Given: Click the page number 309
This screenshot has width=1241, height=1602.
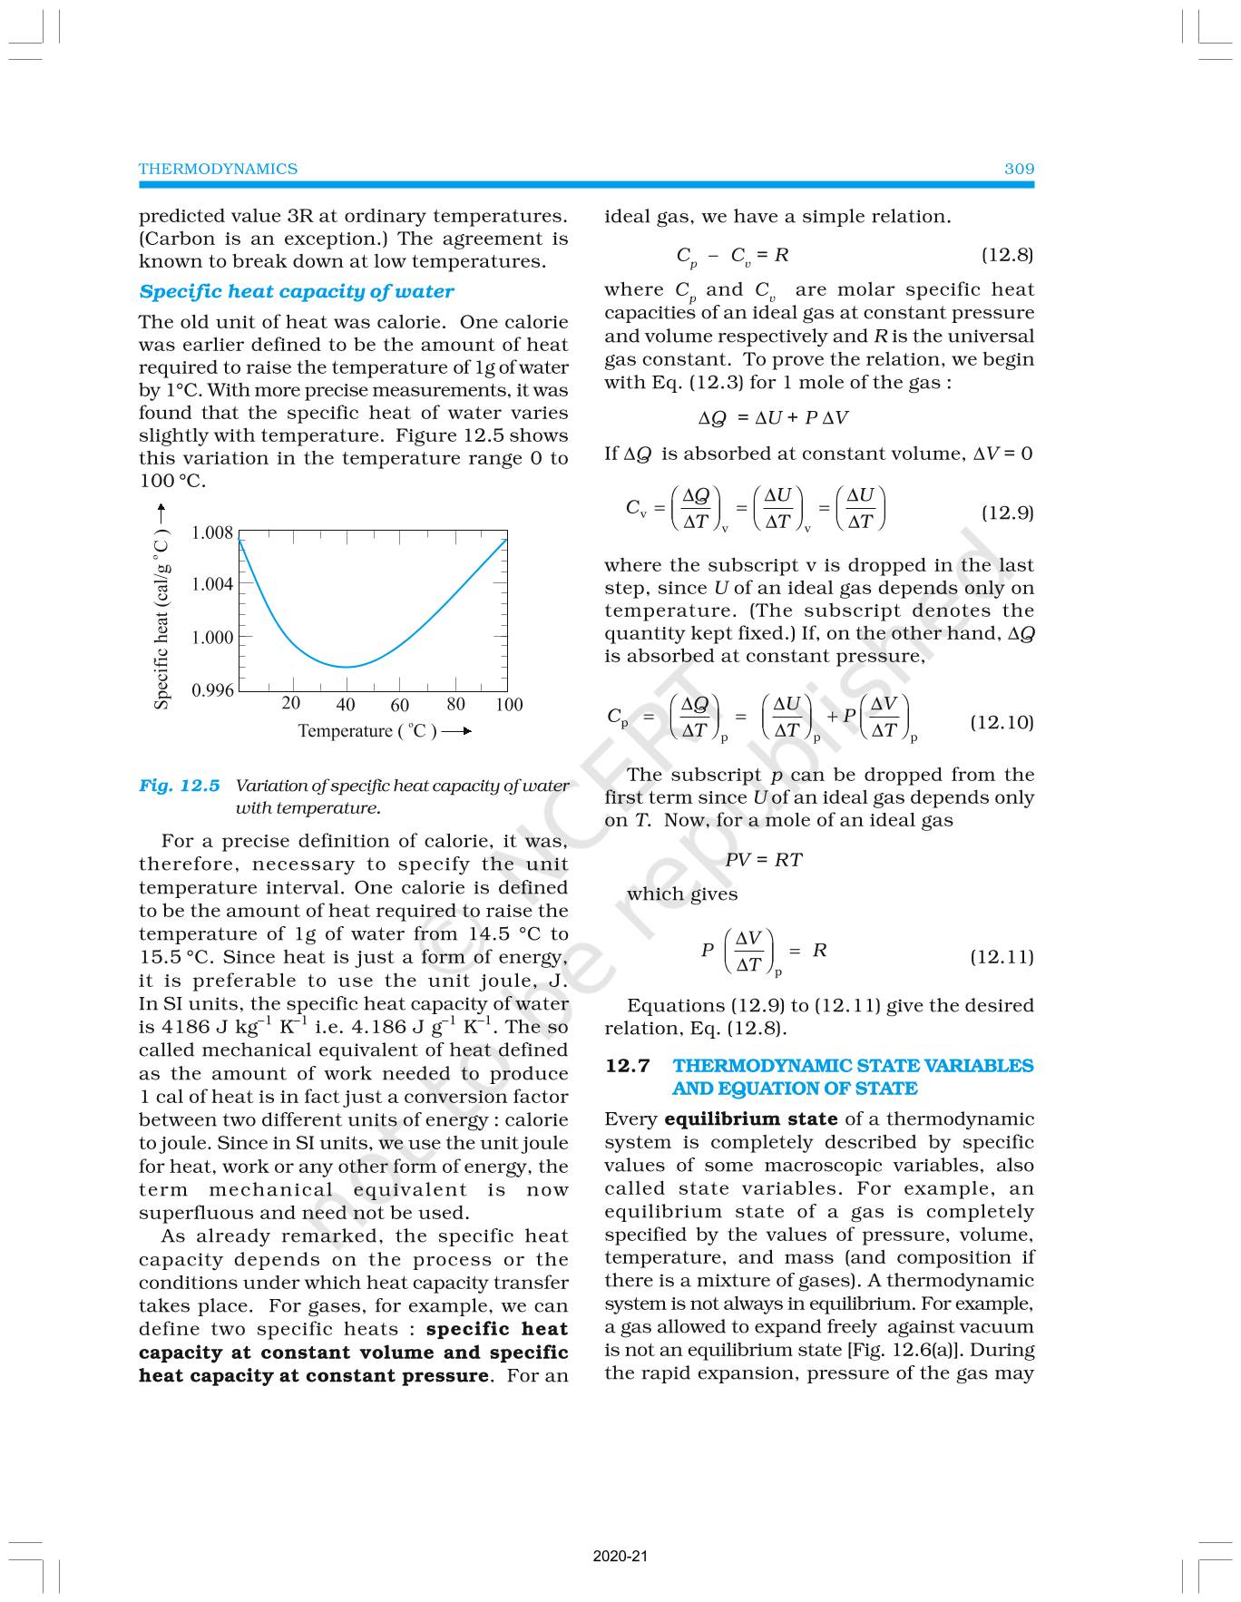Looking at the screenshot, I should (x=1019, y=169).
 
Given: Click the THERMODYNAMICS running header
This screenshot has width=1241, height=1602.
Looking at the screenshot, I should (x=218, y=169).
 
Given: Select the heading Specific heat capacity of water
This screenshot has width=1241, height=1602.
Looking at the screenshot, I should (x=296, y=291).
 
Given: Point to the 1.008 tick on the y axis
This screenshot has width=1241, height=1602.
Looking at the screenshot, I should (x=212, y=532).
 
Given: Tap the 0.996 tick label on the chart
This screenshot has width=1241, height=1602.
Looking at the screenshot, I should (x=212, y=690).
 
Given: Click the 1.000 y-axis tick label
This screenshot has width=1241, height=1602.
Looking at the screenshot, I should (x=212, y=638).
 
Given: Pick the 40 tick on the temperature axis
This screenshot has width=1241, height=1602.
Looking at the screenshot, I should (x=346, y=705).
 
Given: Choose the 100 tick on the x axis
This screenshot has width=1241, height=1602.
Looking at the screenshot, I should (x=509, y=705).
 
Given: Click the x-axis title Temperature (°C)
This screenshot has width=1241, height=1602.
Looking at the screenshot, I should (x=367, y=731).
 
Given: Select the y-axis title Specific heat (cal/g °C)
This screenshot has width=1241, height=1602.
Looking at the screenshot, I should (x=161, y=620).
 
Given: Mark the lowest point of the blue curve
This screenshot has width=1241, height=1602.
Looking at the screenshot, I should (x=346, y=667).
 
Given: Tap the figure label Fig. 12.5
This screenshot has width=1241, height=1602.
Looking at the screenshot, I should (x=180, y=786).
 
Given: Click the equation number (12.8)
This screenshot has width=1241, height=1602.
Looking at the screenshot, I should (x=1007, y=255).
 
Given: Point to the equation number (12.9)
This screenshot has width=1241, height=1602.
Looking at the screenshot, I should (x=1007, y=513).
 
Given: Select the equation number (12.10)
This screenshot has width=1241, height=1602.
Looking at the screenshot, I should (x=1002, y=722).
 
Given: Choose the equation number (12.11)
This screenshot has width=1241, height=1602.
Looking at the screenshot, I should (x=1002, y=956).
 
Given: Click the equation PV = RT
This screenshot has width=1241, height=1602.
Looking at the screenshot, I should (x=764, y=859).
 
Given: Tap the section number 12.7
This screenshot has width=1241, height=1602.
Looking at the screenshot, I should (x=628, y=1065).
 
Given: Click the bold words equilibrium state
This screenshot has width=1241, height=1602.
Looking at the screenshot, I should (x=750, y=1119).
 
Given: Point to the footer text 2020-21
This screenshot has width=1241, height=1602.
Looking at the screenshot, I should (x=620, y=1557).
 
